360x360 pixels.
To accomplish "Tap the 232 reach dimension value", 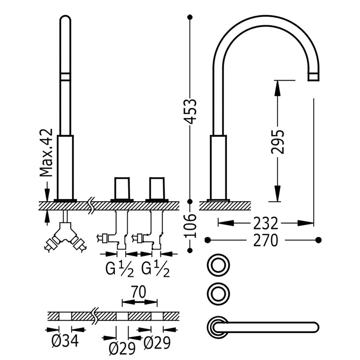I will click(x=265, y=222).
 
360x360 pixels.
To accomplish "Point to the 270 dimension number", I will click(x=265, y=240).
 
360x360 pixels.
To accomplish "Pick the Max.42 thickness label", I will click(x=47, y=153).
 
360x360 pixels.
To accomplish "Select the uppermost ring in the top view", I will click(x=218, y=264).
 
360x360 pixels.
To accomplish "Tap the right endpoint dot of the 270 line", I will click(x=318, y=240).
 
